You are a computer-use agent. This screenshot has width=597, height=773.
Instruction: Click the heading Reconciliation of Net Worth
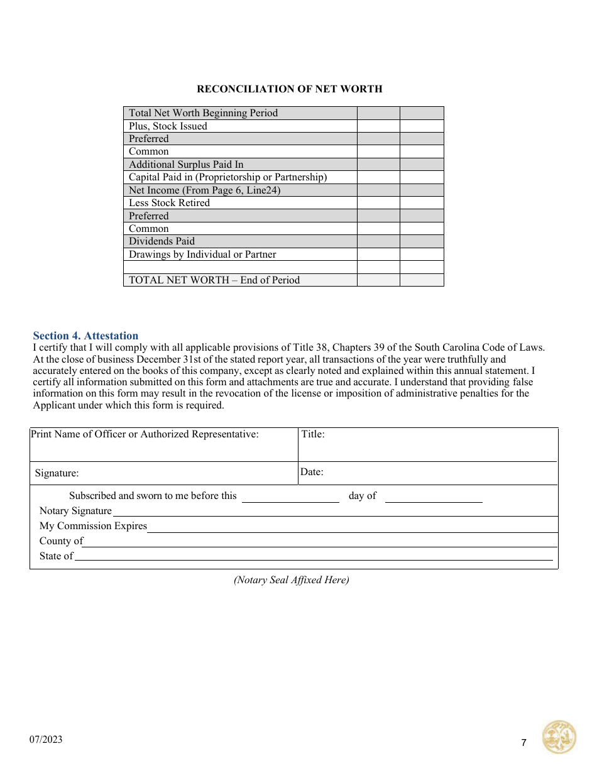click(289, 89)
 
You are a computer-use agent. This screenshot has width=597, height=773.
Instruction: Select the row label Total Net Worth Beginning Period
click(203, 113)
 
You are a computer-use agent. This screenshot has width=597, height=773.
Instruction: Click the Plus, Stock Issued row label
click(168, 126)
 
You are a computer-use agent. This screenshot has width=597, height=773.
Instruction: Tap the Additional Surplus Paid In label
click(186, 165)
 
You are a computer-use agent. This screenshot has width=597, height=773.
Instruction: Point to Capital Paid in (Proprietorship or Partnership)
click(227, 177)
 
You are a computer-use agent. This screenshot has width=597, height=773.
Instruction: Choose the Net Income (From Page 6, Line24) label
click(204, 190)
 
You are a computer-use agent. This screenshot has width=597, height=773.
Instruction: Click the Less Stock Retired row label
click(169, 203)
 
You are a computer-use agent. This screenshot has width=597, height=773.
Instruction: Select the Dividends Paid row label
click(162, 241)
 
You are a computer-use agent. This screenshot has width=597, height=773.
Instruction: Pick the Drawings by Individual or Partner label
click(202, 255)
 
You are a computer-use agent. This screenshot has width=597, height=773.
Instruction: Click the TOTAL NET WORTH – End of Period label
click(214, 280)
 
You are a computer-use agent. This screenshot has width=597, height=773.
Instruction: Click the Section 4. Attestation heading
click(85, 336)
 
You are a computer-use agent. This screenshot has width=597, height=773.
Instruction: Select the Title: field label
click(313, 434)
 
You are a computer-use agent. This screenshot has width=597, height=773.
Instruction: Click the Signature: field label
click(57, 474)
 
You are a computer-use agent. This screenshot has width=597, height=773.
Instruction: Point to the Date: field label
click(312, 472)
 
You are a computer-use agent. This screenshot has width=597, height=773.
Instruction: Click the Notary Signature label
click(75, 511)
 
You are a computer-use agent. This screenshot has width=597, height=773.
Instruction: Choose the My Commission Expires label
click(93, 526)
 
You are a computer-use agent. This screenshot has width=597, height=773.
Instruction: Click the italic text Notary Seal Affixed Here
click(292, 580)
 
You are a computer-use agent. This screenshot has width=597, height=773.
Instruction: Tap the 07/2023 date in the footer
click(46, 740)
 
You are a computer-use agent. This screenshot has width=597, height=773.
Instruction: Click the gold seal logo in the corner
click(559, 737)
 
